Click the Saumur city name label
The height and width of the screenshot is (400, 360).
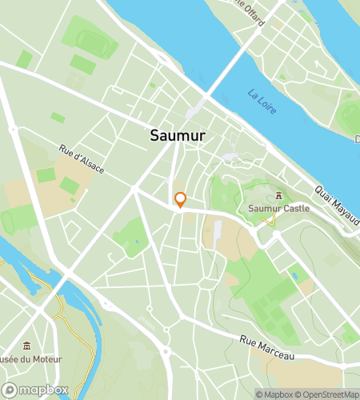click(177, 136)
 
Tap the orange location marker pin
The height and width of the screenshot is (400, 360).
click(181, 200)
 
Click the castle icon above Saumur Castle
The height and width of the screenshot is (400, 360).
click(278, 195)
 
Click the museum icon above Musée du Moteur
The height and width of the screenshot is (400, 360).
click(27, 346)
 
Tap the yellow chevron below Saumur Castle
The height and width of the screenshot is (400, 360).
click(273, 222)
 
